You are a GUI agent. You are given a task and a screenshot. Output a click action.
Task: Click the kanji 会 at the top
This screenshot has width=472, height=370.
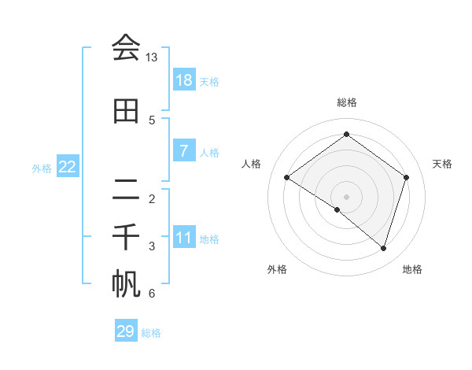click(126, 48)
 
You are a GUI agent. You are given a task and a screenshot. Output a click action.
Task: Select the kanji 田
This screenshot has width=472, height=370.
click(126, 111)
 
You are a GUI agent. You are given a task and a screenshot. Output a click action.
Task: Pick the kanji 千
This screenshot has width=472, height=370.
click(126, 238)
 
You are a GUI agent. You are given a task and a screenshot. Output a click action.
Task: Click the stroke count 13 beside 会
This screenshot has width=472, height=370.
click(151, 57)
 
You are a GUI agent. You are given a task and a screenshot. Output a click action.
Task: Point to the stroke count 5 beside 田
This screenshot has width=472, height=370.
click(152, 120)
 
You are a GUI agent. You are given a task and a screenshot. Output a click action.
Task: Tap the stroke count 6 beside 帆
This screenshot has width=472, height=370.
click(152, 294)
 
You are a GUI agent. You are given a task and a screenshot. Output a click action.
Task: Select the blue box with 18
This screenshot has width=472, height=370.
click(183, 80)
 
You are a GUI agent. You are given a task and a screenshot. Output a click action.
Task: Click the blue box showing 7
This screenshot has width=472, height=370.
click(183, 150)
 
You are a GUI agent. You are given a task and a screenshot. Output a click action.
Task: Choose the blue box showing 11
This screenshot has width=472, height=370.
click(183, 237)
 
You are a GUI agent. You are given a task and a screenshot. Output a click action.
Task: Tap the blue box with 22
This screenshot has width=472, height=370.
click(68, 166)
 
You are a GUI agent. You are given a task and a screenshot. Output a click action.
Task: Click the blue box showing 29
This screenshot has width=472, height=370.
click(126, 331)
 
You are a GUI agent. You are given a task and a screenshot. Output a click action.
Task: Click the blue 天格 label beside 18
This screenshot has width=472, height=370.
click(209, 81)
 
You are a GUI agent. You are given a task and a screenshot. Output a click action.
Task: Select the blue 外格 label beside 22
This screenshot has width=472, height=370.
click(42, 168)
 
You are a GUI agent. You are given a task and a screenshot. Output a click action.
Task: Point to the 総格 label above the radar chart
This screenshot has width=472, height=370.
click(346, 102)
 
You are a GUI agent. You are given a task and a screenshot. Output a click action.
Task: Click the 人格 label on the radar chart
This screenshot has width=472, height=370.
click(252, 164)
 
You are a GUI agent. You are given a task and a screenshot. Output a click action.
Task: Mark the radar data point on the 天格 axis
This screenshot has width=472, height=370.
click(406, 177)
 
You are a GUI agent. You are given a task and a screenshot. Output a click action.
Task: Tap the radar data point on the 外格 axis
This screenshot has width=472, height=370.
click(337, 209)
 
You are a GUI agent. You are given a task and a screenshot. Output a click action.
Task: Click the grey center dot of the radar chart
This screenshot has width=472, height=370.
click(346, 196)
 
